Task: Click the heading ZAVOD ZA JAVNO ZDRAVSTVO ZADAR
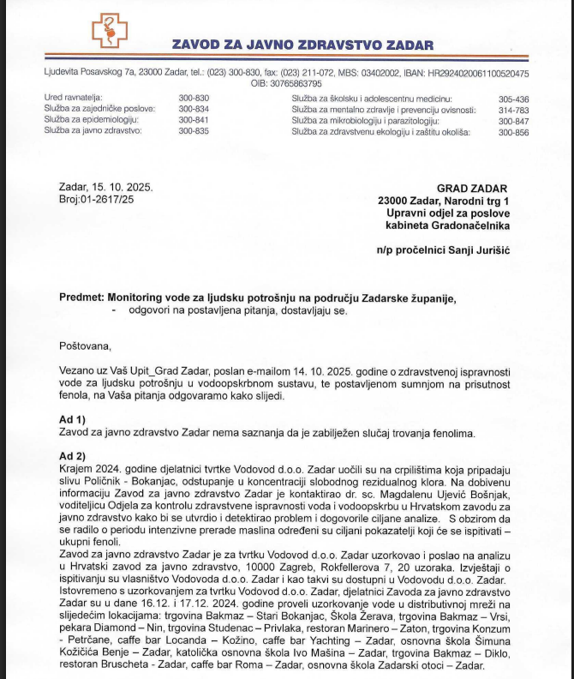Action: tap(302, 45)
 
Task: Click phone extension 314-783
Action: tap(514, 110)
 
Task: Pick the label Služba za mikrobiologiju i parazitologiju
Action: tap(369, 121)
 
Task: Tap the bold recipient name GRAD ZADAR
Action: tap(472, 189)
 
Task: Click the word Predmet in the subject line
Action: tap(81, 297)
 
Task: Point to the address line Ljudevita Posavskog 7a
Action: tap(88, 74)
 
